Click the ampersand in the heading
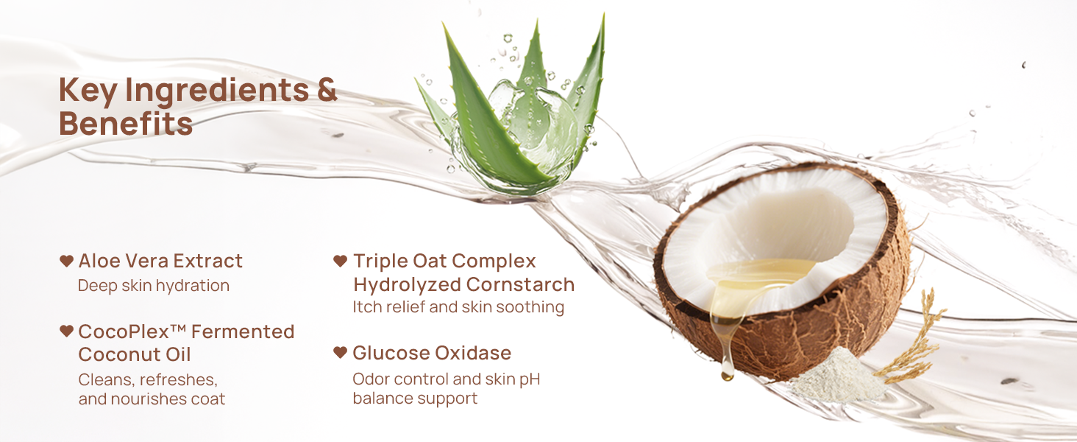point(327,90)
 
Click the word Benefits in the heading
point(126,123)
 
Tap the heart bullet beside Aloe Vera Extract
point(66,261)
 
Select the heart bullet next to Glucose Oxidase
point(340,352)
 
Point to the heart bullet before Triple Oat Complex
point(340,261)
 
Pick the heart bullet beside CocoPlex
point(66,331)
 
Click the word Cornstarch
point(520,284)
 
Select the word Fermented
point(243,331)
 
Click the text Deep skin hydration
point(153,286)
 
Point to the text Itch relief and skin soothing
point(458,306)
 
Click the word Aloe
point(99,261)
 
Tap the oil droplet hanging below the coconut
point(727,371)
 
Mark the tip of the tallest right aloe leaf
point(603,15)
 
